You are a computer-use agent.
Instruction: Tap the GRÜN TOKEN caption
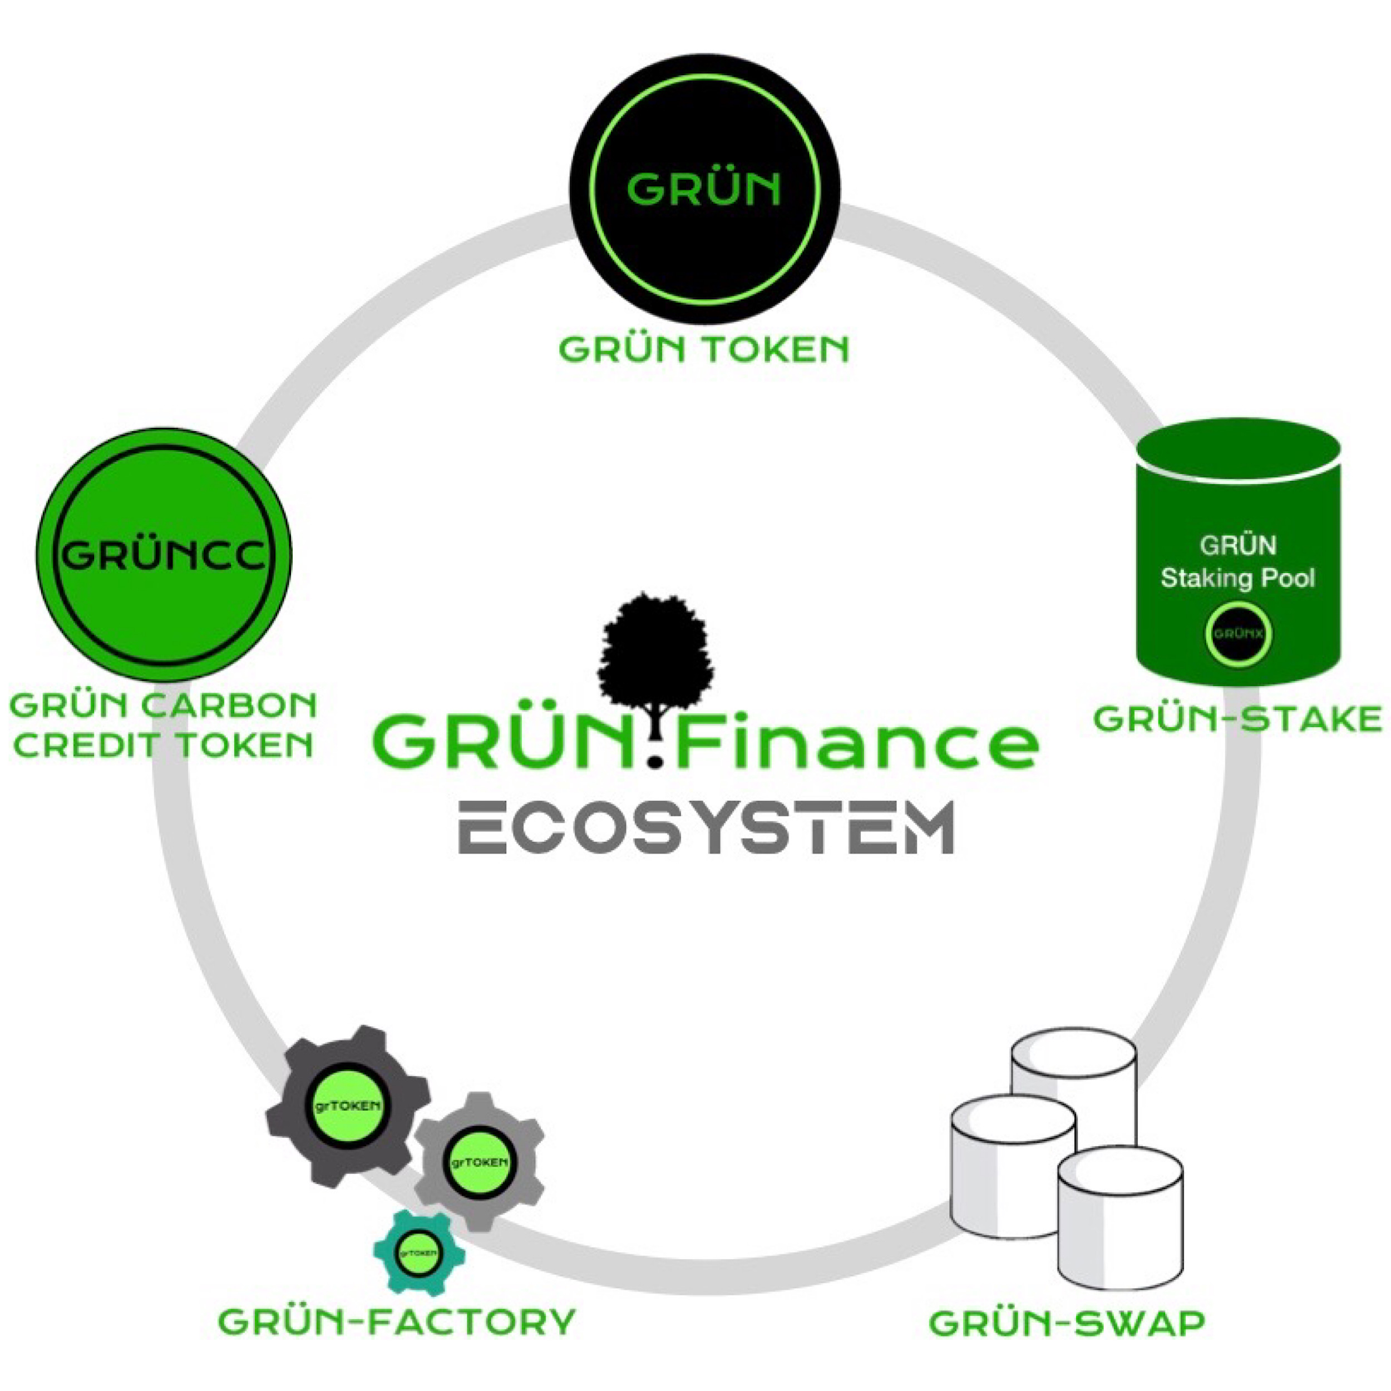click(x=704, y=351)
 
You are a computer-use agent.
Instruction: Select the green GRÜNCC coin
click(x=164, y=554)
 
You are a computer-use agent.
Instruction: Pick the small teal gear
click(x=418, y=1253)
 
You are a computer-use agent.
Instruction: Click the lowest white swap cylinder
click(x=1120, y=1224)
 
